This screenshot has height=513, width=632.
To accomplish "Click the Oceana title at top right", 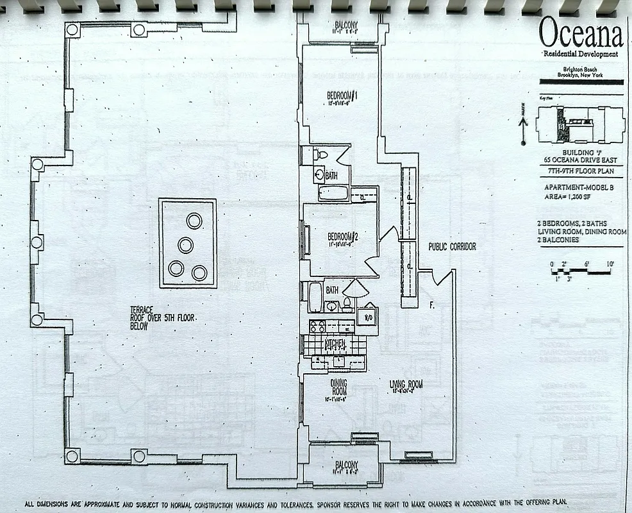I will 581,33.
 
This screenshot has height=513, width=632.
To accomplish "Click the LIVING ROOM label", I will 406,385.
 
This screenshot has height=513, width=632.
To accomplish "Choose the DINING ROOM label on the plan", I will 338,387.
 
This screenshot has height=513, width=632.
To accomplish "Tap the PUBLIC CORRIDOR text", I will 453,246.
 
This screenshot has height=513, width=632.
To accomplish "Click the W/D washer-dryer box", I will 367,316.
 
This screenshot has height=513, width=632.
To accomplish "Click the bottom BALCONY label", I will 345,465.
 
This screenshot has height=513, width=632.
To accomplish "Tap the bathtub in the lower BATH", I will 315,296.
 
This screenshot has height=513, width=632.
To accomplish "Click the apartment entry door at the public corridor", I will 442,277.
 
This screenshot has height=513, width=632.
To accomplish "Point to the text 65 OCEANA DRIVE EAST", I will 580,160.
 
